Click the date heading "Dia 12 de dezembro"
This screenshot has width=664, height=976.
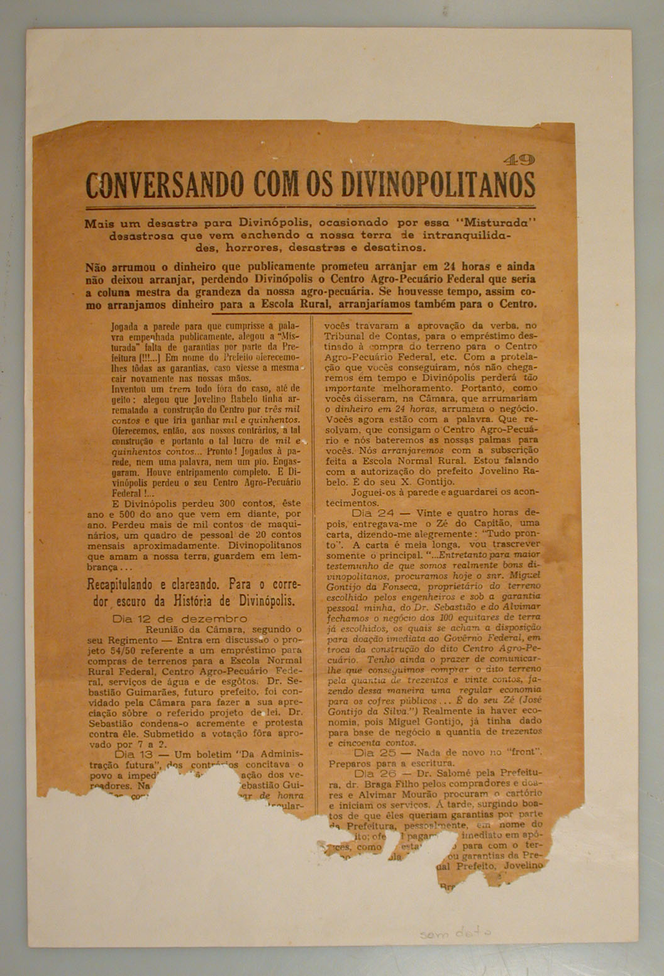(179, 618)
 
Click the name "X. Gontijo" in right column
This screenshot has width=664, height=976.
(428, 482)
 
